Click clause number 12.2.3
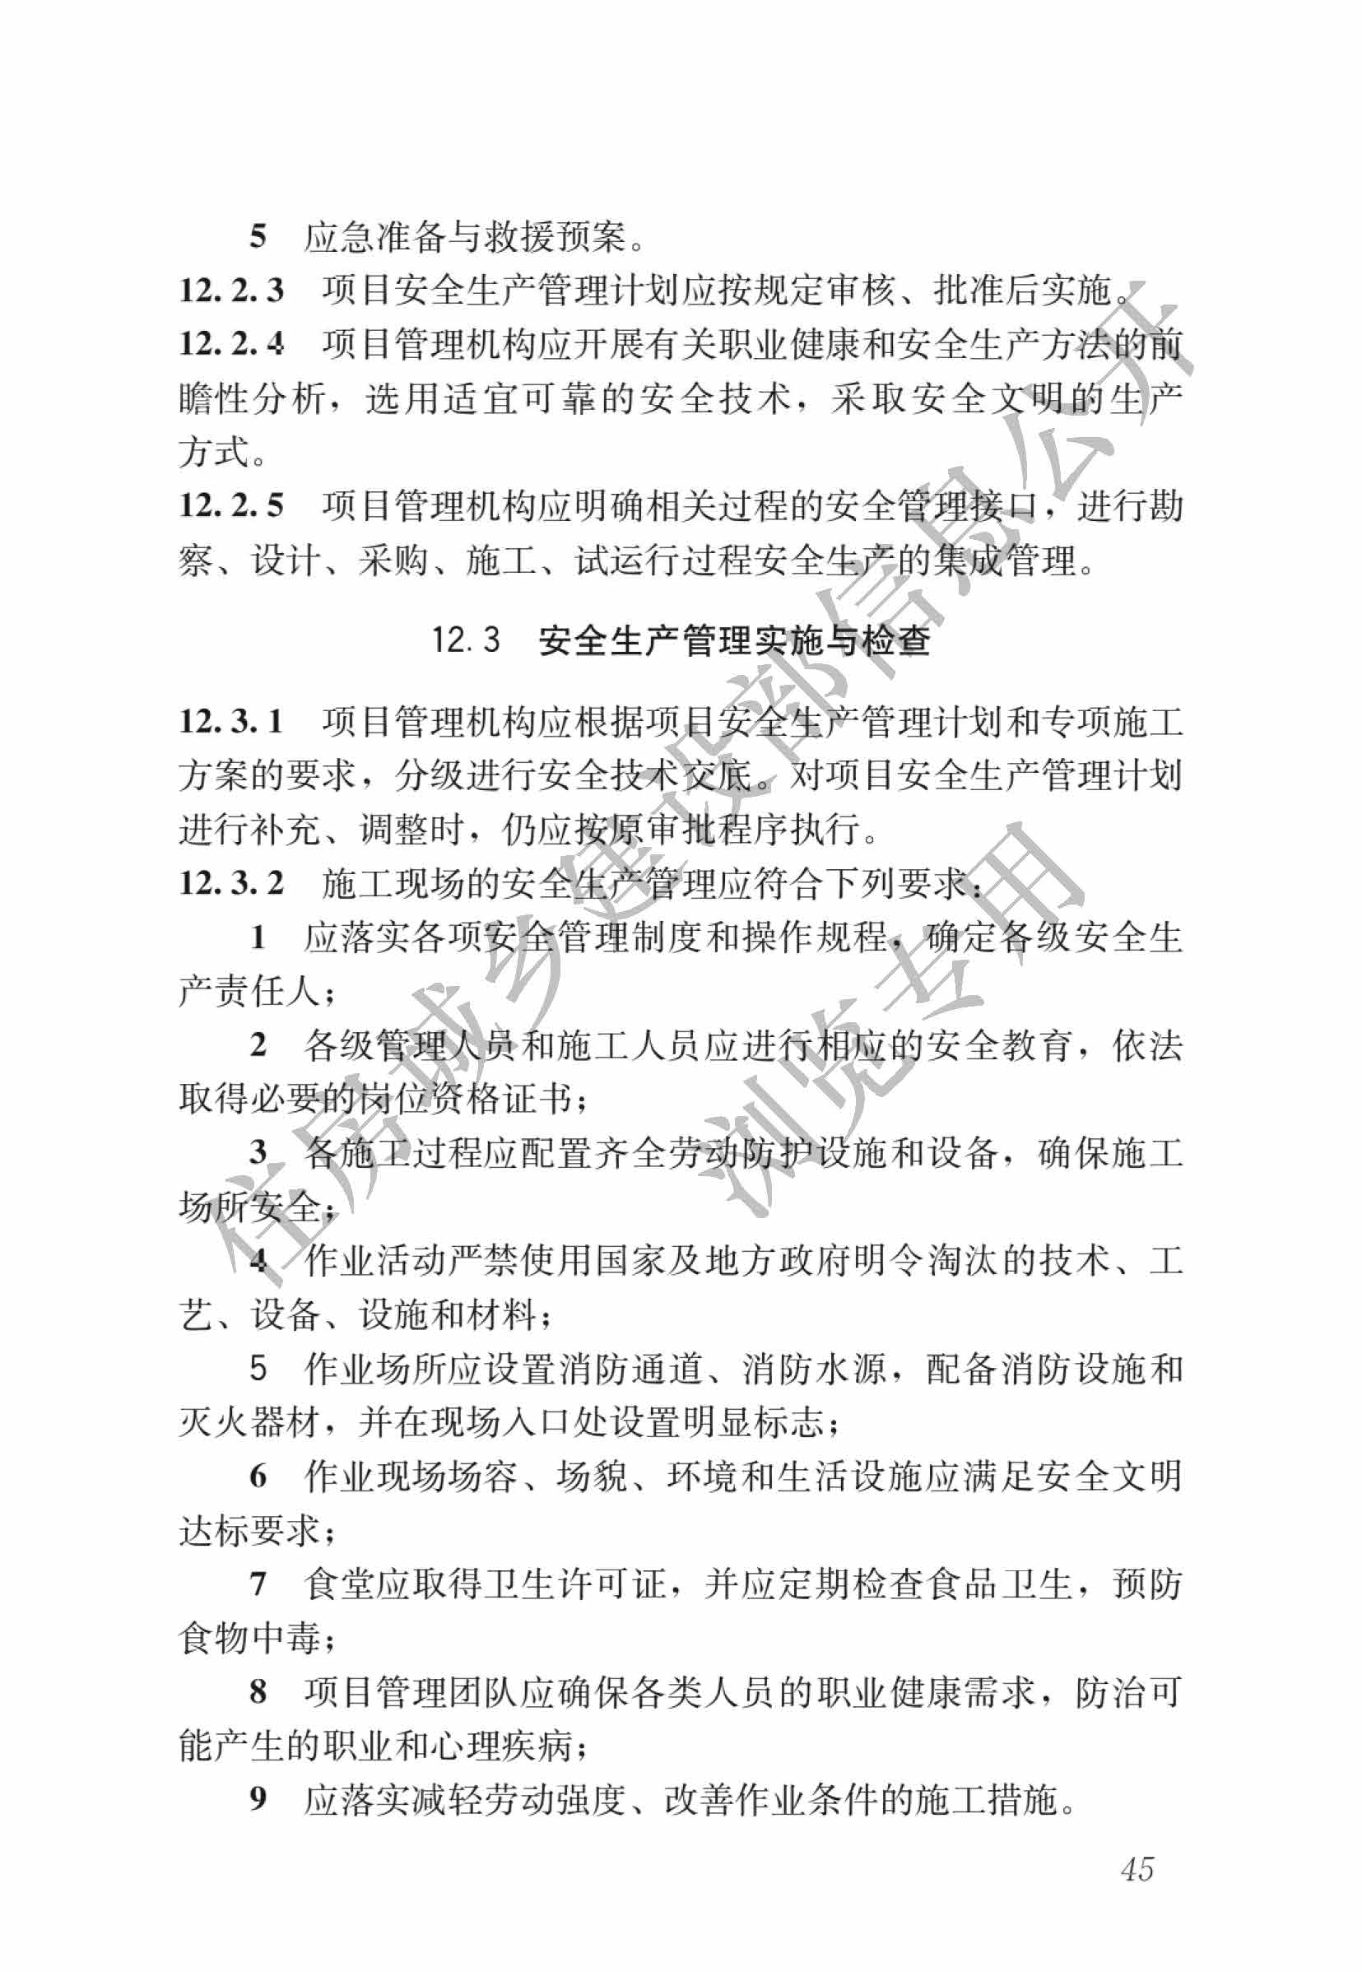231,291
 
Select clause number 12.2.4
231,345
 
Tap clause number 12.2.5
231,506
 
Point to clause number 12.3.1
231,722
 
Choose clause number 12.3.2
231,883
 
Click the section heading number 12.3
465,640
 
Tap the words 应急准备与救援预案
465,237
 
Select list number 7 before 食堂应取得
258,1584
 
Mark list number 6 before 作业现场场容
258,1477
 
